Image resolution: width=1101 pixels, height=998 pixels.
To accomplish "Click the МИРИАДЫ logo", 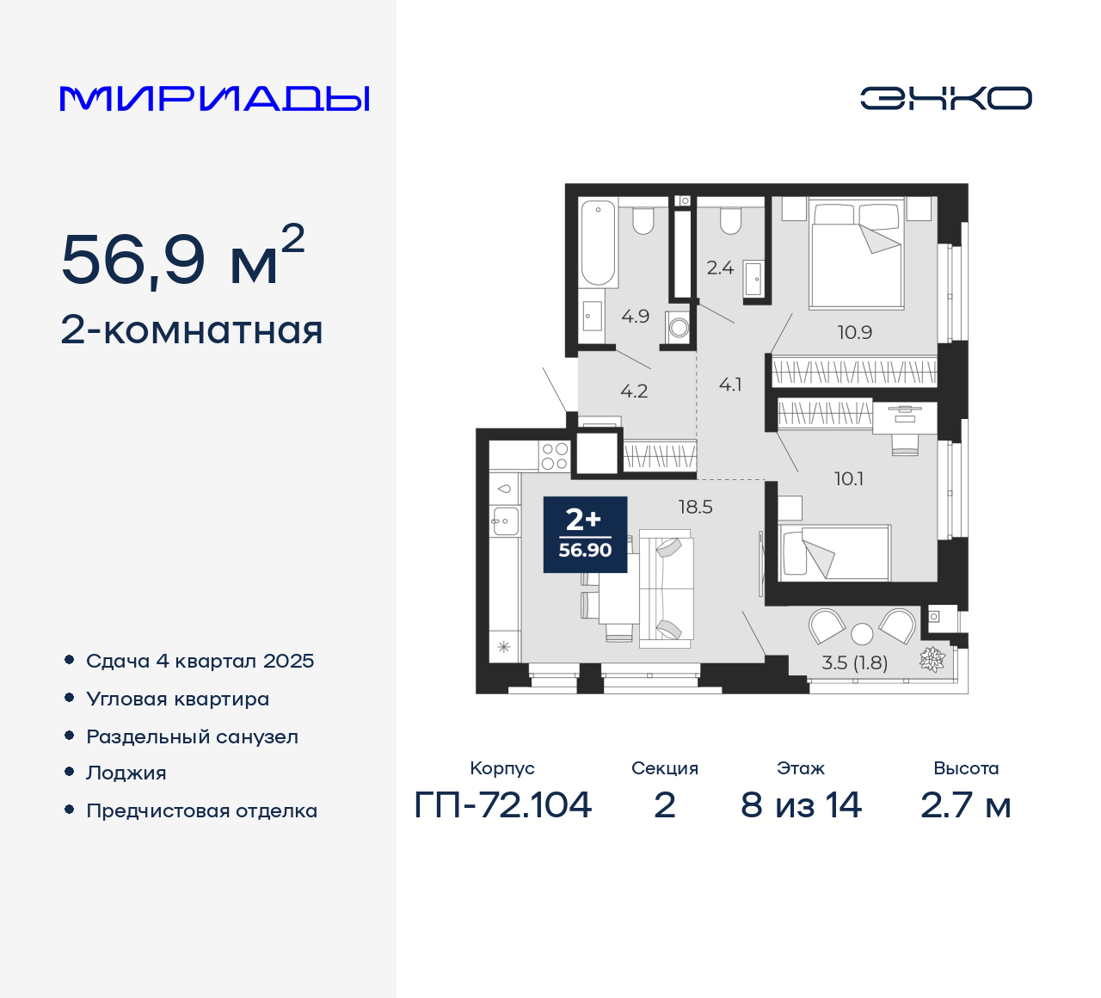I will click(x=214, y=98).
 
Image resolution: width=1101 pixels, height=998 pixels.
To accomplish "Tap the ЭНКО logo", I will click(x=945, y=98).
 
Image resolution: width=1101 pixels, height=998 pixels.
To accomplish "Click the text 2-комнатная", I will click(x=192, y=330).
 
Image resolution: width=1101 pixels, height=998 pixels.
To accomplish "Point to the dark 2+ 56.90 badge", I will click(x=585, y=534).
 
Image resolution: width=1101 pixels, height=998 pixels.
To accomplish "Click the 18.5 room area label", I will click(x=695, y=507).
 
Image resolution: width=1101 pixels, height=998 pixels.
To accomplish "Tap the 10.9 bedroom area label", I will click(x=854, y=332).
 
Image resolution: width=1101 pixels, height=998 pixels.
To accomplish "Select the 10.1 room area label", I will click(x=848, y=478).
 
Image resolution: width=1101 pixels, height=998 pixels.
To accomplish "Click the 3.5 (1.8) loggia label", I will click(x=854, y=662).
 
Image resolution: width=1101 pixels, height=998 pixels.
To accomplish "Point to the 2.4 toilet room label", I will click(x=720, y=268).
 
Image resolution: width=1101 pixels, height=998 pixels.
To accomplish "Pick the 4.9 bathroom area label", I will click(x=635, y=317).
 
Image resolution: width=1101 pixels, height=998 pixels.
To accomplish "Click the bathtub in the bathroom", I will click(x=598, y=243).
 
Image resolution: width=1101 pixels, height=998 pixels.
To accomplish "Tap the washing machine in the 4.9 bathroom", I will click(x=679, y=327).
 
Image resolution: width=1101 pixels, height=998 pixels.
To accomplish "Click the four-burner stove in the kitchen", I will click(x=554, y=456).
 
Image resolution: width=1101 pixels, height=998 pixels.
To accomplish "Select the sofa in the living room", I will click(x=665, y=589).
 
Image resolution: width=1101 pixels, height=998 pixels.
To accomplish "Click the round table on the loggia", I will click(x=862, y=635).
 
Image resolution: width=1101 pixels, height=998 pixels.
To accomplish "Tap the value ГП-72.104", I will click(x=502, y=805).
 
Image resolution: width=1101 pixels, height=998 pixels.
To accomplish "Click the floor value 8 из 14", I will click(x=800, y=805).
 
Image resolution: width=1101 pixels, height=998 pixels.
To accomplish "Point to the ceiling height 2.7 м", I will click(x=965, y=805).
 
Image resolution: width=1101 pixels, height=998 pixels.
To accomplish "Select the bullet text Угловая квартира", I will click(x=177, y=699).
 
